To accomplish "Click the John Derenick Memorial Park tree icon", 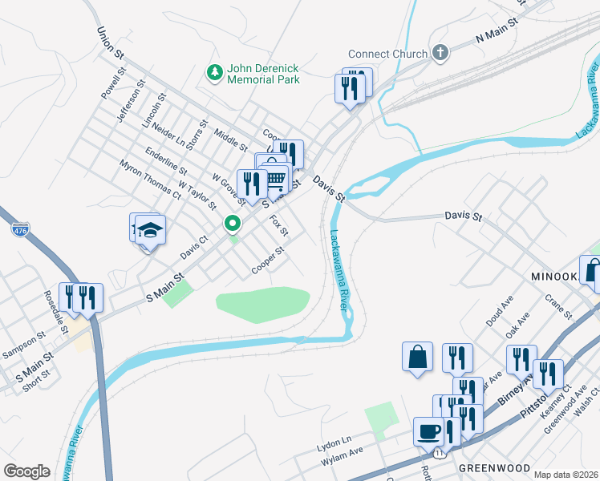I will point(214,73).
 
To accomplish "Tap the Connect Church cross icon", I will point(439,54).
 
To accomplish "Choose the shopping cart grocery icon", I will point(274,178).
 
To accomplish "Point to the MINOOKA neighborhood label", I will point(553,276).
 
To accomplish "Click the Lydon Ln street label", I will point(334,441).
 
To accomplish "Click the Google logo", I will point(26,471).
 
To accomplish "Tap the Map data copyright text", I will point(566,475).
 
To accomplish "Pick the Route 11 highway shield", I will point(437,453).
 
